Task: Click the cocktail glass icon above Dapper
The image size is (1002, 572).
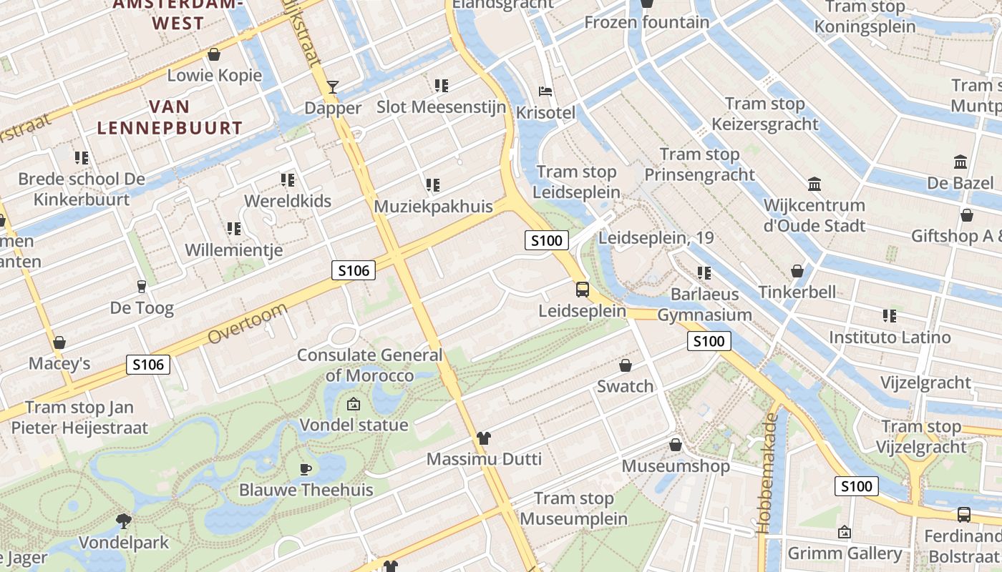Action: click(x=333, y=87)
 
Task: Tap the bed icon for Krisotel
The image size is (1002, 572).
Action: click(x=545, y=92)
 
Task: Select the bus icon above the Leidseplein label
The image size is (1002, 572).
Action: click(x=583, y=290)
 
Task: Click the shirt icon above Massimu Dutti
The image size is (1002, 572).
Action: click(x=484, y=438)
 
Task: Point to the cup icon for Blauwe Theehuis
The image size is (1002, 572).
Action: click(x=306, y=469)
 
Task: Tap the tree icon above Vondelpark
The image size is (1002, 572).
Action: click(x=124, y=521)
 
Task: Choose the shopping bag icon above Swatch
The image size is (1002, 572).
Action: click(x=626, y=365)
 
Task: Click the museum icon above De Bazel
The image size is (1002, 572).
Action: click(x=960, y=162)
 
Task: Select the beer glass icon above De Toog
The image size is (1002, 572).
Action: click(x=141, y=287)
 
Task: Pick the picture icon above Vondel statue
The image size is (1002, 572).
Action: click(x=353, y=404)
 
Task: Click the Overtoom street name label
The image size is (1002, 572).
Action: click(x=248, y=323)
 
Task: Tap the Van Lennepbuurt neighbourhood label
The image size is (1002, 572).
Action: click(x=170, y=118)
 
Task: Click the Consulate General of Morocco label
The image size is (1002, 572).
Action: click(x=370, y=365)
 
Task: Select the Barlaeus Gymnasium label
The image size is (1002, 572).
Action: click(x=704, y=305)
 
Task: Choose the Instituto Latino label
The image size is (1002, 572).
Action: click(x=890, y=337)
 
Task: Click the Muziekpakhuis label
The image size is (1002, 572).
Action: click(x=434, y=207)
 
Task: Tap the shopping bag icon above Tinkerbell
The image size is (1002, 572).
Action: click(x=797, y=271)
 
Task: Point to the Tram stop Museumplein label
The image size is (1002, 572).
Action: click(x=574, y=508)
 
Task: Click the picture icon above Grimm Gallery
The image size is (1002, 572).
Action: click(x=845, y=532)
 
